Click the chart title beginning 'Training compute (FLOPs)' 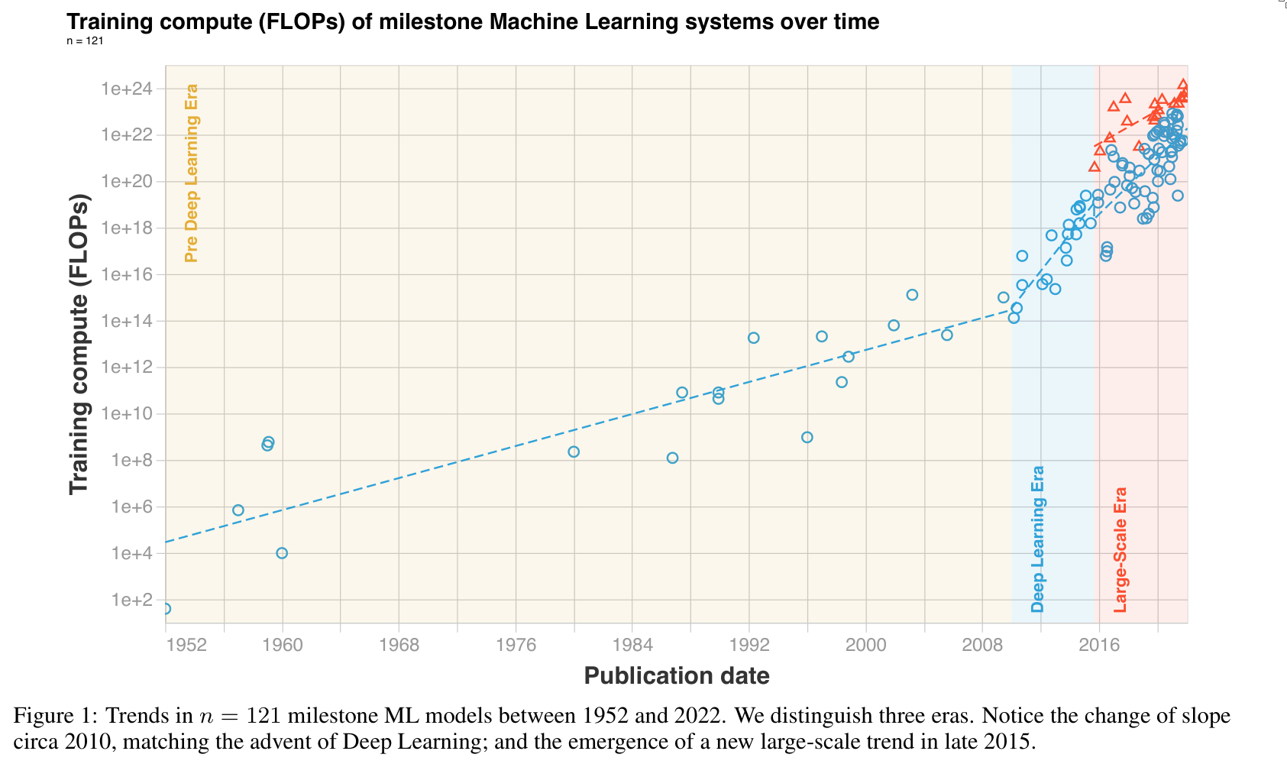click(473, 21)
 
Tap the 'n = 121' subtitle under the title click(85, 40)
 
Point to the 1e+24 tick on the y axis click(127, 89)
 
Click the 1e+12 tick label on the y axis click(127, 367)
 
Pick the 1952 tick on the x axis click(187, 644)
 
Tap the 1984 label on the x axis click(632, 644)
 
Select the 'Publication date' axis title click(677, 675)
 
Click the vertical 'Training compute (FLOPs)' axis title click(79, 344)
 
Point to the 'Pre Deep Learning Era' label click(191, 173)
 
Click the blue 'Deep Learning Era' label click(1037, 539)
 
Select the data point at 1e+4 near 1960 click(282, 553)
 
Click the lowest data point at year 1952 click(166, 609)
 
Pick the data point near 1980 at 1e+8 click(574, 452)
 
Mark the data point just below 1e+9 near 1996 click(807, 437)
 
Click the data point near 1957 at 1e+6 click(238, 510)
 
